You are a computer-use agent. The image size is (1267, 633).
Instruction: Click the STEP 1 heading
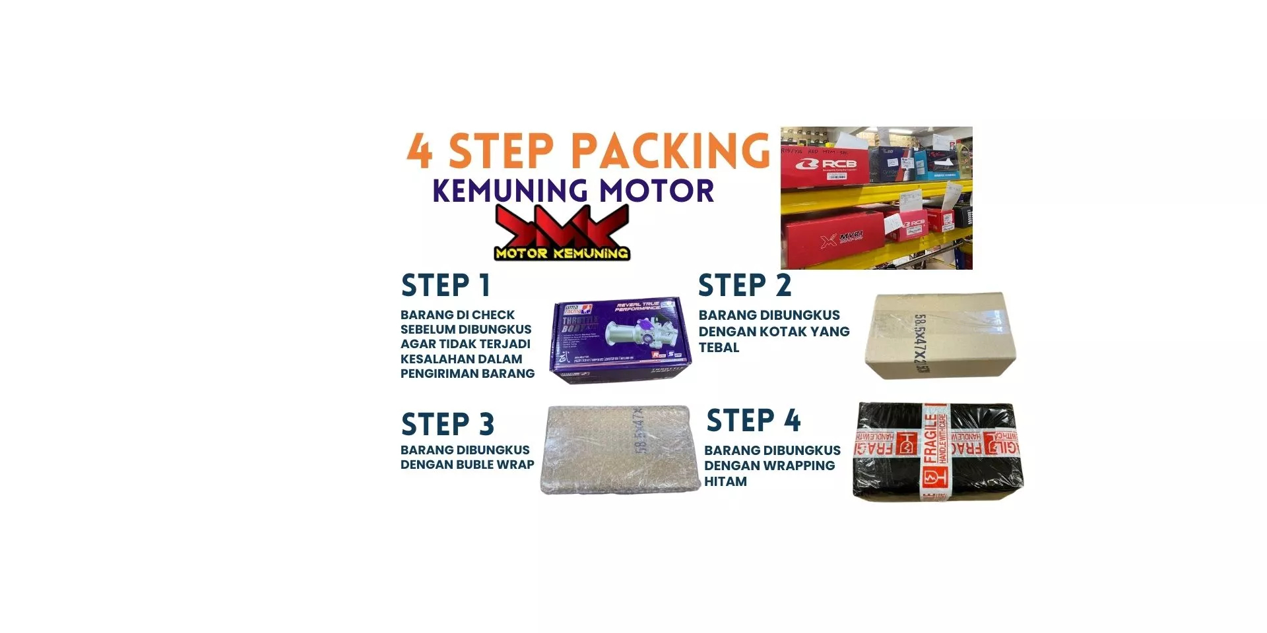(445, 286)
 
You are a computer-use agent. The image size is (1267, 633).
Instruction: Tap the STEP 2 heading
(744, 286)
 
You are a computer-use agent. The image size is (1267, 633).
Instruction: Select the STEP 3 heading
(447, 425)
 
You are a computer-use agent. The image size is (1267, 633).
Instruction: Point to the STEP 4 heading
(753, 421)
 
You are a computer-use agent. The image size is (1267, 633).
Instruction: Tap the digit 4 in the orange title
(420, 151)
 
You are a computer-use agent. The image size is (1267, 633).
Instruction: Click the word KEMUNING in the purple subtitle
(510, 191)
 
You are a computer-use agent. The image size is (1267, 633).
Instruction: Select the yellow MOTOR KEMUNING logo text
(562, 253)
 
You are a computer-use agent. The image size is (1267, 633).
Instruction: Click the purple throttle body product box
(620, 340)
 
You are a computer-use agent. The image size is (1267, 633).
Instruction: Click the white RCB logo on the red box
(829, 164)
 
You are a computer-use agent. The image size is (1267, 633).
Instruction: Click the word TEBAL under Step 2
(719, 347)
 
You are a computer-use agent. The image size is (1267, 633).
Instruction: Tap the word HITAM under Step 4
(725, 481)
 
